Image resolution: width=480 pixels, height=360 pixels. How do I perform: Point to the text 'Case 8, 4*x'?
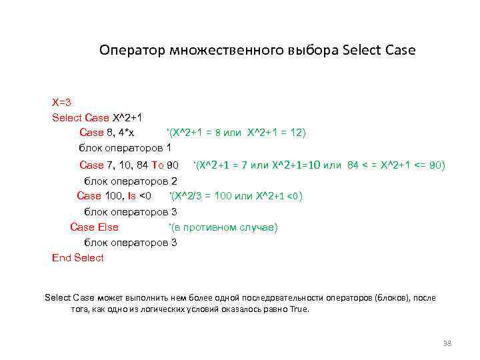point(107,133)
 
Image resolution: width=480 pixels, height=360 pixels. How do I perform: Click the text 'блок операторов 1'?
point(125,147)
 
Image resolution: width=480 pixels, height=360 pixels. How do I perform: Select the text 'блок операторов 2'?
point(130,181)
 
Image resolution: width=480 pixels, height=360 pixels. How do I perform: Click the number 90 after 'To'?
point(172,165)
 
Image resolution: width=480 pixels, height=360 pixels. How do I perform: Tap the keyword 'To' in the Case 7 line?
point(157,165)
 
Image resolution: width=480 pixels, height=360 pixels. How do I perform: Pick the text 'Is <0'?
point(139,195)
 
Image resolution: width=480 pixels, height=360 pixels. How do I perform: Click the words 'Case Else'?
point(94,227)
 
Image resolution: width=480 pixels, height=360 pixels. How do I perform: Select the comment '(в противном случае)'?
point(223,227)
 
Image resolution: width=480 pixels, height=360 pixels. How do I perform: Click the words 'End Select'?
point(78,257)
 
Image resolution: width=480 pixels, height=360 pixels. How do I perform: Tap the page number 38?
point(447,343)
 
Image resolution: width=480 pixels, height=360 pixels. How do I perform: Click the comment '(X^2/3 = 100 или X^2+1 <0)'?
point(237,195)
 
